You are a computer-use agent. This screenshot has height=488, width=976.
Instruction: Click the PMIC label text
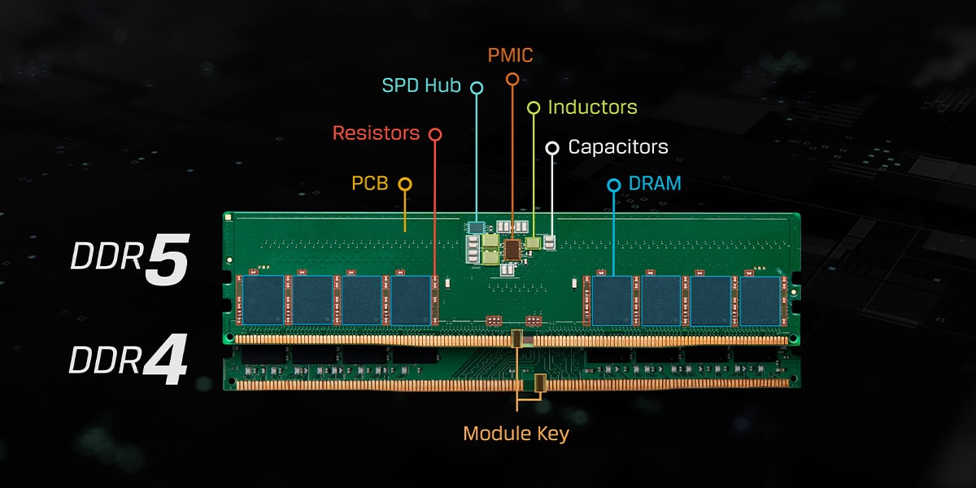[x=511, y=55]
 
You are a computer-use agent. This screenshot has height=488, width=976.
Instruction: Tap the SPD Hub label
[x=421, y=85]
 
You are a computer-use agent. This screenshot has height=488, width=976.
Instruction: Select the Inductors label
[x=592, y=107]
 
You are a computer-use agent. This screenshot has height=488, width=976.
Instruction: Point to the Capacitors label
[x=618, y=147]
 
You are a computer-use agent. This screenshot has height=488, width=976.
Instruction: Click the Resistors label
[x=376, y=133]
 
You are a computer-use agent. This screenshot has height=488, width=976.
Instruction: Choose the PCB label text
[x=370, y=184]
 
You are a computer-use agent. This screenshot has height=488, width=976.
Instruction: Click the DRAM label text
[x=655, y=184]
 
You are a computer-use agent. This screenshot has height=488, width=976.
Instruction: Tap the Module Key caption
[x=516, y=434]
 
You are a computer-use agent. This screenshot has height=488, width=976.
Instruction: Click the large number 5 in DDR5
[x=168, y=260]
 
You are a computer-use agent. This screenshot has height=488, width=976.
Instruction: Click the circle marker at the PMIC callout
[x=512, y=79]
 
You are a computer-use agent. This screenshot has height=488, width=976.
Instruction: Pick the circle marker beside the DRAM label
[x=614, y=185]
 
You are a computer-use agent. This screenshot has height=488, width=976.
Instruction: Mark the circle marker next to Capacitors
[x=552, y=148]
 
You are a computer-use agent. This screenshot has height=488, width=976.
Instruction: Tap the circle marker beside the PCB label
[x=405, y=185]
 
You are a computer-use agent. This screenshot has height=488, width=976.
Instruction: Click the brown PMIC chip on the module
[x=512, y=249]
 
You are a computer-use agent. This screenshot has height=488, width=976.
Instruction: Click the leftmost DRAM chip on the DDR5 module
[x=263, y=299]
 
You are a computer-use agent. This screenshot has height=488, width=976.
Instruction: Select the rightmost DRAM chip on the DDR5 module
[x=760, y=299]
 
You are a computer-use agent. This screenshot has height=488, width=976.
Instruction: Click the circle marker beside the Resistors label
[x=435, y=133]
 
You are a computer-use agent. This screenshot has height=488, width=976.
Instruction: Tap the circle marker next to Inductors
[x=534, y=107]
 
